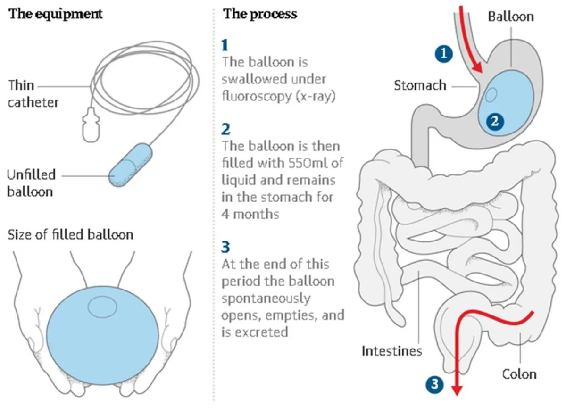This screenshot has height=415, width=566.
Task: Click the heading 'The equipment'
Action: click(x=55, y=14)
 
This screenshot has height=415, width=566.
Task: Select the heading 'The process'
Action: click(x=260, y=14)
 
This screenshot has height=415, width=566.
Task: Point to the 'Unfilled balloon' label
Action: click(x=31, y=183)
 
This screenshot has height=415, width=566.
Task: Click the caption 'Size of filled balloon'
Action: click(x=70, y=234)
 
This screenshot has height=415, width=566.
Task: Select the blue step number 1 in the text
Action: click(x=225, y=45)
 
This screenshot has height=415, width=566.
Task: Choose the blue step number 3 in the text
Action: click(x=225, y=246)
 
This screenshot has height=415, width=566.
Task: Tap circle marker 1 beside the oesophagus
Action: click(x=444, y=53)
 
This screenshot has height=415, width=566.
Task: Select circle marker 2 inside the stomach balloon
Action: click(x=494, y=121)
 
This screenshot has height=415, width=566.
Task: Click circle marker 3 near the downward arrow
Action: click(x=435, y=385)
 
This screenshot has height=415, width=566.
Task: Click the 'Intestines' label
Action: click(x=392, y=351)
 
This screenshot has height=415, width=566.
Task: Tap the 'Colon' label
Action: click(x=519, y=374)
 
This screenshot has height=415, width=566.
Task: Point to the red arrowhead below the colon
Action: click(x=456, y=390)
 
